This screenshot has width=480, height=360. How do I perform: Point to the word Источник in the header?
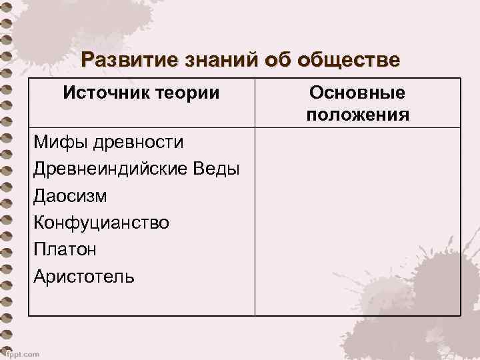point(109,93)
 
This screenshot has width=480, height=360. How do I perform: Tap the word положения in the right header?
point(358,115)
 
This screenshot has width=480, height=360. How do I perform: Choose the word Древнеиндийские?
point(113,169)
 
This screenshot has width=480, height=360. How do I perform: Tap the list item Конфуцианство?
point(101,223)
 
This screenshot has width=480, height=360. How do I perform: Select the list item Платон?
point(65,249)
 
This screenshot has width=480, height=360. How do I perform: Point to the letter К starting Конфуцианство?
point(39,223)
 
